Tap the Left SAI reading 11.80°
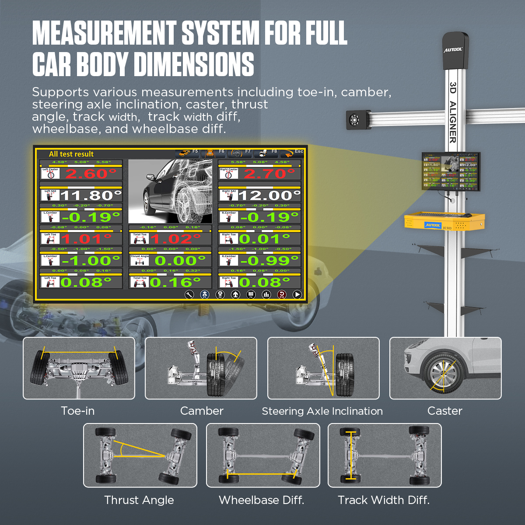[x=91, y=195]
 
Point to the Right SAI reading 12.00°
[x=269, y=195]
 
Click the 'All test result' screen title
[x=71, y=154]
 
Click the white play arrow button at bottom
[x=297, y=294]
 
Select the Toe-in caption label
[x=78, y=411]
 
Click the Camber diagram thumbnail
[x=201, y=368]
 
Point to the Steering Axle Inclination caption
[x=322, y=411]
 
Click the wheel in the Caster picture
[x=443, y=374]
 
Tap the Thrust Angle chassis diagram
[x=140, y=455]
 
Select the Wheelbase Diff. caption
[x=262, y=500]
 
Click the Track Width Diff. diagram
[x=385, y=455]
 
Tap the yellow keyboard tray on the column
[x=444, y=221]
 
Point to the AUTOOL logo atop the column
[x=453, y=50]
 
